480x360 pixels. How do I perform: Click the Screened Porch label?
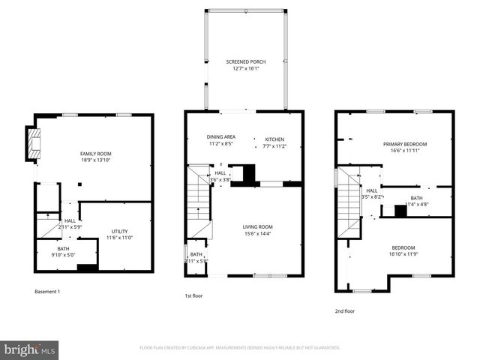245,61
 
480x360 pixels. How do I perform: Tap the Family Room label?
94,154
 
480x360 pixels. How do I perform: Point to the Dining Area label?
221,137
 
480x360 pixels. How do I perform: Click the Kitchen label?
274,139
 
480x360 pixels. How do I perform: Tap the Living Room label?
256,226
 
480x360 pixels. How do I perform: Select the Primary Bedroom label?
404,144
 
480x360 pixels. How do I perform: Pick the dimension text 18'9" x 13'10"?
94,160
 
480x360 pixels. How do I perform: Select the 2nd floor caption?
346,310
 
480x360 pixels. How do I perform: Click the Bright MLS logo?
30,349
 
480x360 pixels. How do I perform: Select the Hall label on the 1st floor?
220,173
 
